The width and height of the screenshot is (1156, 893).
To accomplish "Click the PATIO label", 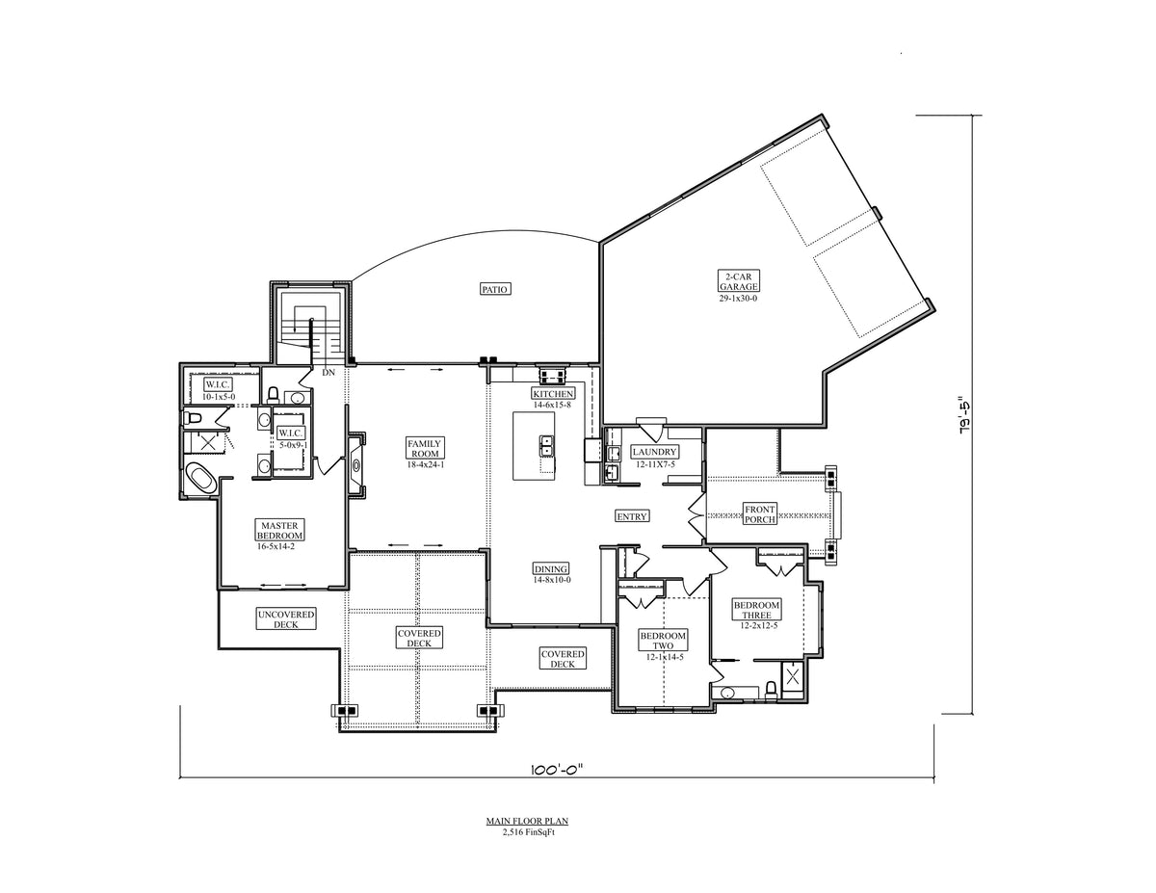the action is click(x=494, y=289).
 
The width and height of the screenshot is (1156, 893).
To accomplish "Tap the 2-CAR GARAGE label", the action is click(x=738, y=281).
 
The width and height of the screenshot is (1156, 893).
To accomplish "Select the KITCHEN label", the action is click(x=553, y=394).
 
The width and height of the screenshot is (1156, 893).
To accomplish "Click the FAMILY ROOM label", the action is click(x=425, y=448).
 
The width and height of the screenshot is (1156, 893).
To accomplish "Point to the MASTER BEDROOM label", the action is click(x=279, y=530).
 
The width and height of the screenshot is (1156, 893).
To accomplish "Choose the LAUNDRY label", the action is click(x=654, y=452).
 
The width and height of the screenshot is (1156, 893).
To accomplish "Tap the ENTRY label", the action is click(x=631, y=516).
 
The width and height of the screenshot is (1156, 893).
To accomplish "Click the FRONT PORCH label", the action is click(x=760, y=514).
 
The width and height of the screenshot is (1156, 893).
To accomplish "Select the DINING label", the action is click(x=551, y=568).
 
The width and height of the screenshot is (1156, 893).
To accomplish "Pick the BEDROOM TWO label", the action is click(x=663, y=641).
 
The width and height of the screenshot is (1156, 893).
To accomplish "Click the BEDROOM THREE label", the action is click(x=756, y=610).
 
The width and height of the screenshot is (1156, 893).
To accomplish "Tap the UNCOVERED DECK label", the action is click(x=286, y=619).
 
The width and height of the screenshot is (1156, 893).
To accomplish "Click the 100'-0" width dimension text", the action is click(x=557, y=770).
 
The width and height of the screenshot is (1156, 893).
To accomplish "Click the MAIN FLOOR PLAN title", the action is click(x=527, y=821).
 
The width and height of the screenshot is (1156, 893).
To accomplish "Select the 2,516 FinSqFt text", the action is click(x=528, y=832).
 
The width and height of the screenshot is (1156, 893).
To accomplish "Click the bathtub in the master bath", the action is click(x=201, y=478).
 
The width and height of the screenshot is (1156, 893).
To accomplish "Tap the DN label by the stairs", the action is click(x=328, y=373).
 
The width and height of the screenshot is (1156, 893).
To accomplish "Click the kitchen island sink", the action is click(x=545, y=446).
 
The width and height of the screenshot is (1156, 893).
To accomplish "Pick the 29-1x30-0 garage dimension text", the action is click(x=738, y=299).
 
